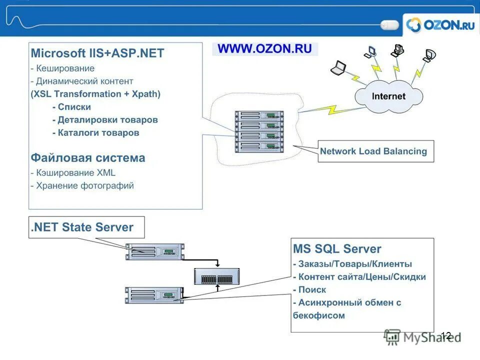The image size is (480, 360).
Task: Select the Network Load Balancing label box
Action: point(375,151)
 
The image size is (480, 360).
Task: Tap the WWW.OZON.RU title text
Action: point(265,49)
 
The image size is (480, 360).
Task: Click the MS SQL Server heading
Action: point(337,249)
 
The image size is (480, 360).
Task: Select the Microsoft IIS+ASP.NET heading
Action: point(97,53)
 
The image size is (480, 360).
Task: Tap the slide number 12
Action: point(446,336)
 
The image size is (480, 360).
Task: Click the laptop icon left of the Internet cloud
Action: point(339,67)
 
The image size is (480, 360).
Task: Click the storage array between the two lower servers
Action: point(218,276)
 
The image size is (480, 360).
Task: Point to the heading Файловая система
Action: point(88,158)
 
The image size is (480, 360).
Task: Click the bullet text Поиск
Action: point(312,289)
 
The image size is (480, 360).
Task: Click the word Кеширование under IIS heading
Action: point(64,68)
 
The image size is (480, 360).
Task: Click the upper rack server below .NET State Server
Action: point(154,251)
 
